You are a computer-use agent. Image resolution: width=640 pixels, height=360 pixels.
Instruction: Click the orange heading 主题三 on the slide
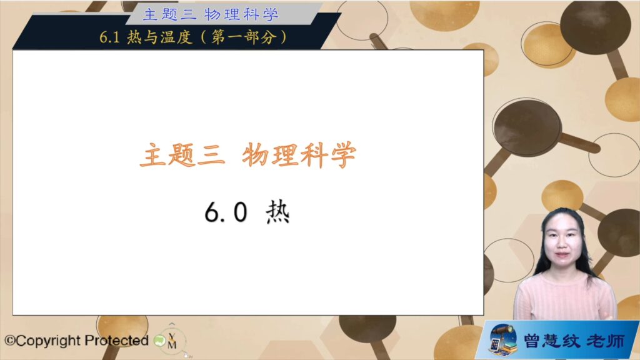[x=182, y=155]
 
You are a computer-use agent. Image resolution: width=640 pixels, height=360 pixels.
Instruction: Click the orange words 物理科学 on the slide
[x=299, y=155]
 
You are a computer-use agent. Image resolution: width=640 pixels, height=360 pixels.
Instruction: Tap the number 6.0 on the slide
[x=226, y=212]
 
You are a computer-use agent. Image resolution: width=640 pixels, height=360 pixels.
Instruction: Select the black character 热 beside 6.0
[x=277, y=212]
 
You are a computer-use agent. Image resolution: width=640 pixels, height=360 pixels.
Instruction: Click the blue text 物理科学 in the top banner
[x=242, y=15]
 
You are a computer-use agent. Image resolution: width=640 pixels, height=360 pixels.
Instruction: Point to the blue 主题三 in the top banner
[x=170, y=15]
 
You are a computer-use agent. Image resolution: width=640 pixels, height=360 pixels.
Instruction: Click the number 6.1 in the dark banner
[x=109, y=37]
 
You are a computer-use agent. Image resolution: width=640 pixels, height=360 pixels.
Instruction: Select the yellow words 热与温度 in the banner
[x=159, y=37]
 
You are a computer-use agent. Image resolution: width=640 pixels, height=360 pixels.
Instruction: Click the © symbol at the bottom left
[x=10, y=341]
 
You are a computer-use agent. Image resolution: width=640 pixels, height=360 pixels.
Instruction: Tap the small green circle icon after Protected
[x=159, y=341]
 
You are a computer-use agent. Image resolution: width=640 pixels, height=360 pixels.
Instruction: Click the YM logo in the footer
[x=172, y=341]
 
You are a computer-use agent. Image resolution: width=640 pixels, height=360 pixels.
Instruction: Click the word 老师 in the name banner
[x=606, y=341]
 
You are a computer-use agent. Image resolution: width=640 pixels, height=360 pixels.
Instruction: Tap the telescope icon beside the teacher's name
[x=503, y=339]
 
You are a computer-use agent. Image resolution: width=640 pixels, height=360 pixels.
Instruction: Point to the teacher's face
[x=562, y=241]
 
